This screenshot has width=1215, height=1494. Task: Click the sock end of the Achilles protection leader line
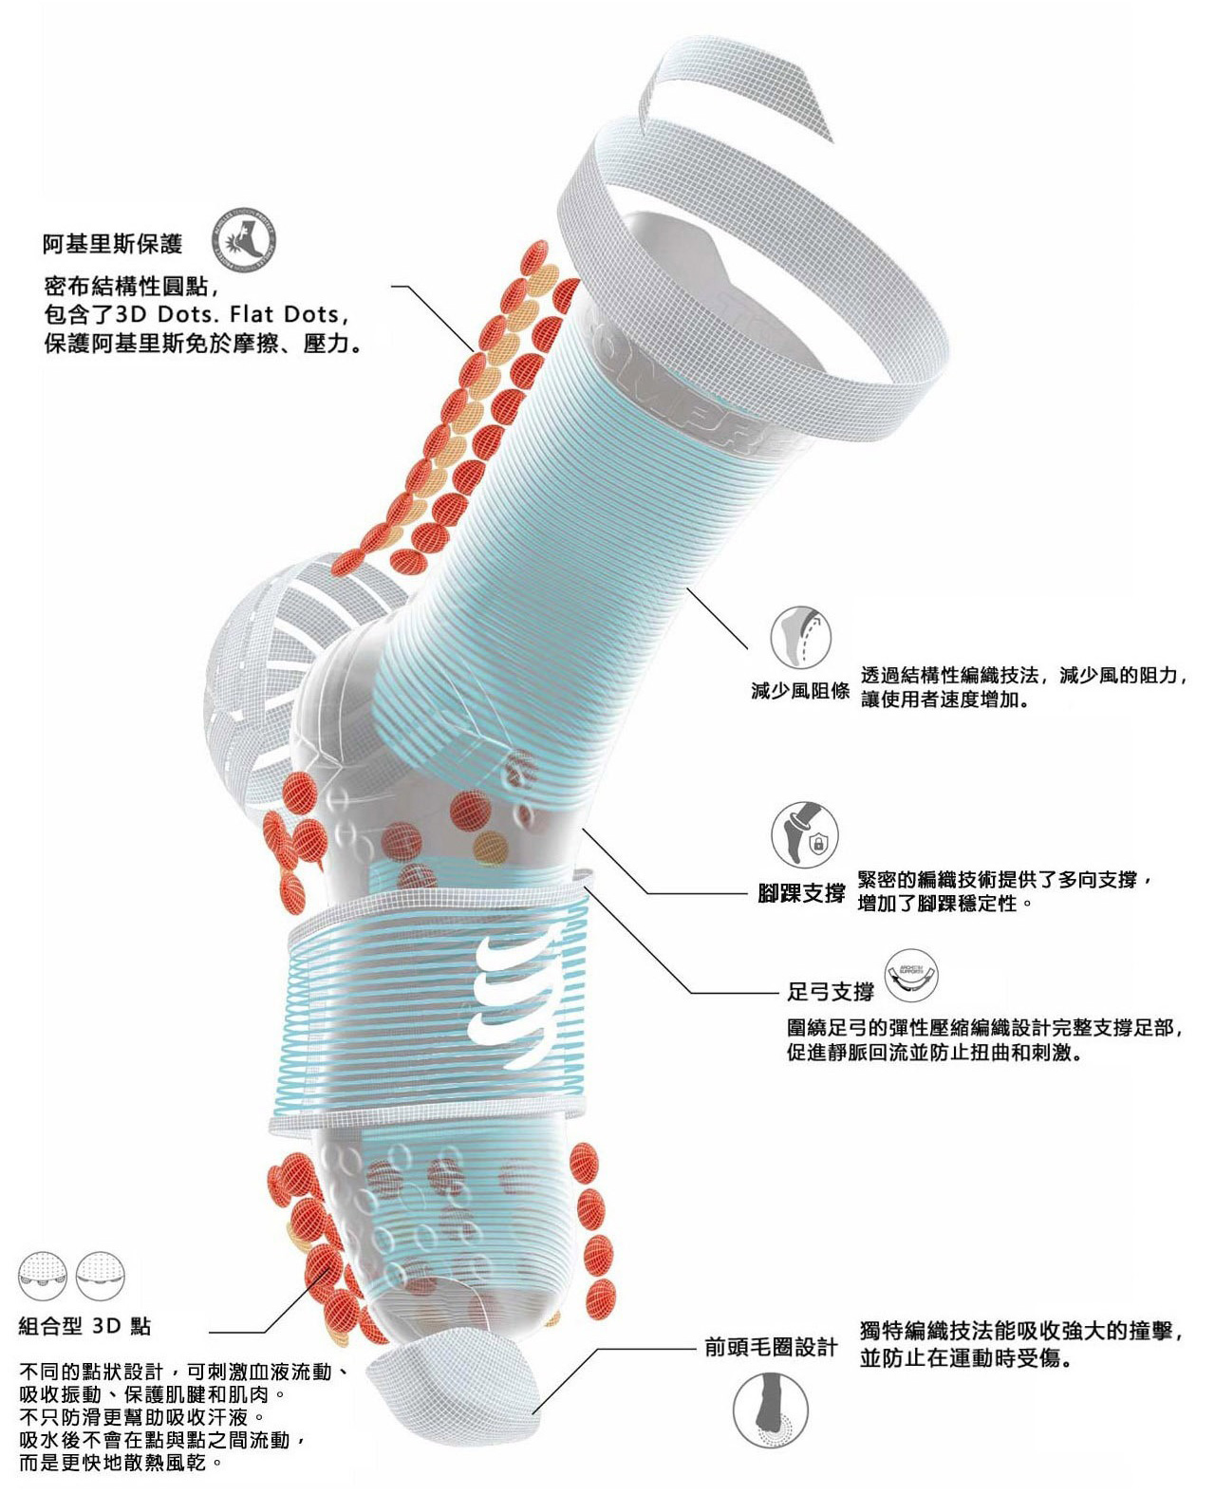tap(475, 351)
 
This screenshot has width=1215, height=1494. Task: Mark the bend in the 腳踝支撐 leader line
tap(647, 893)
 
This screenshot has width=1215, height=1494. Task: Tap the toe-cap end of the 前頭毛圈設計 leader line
tap(533, 1412)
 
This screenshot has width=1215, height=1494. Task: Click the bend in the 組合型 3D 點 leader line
tap(265, 1332)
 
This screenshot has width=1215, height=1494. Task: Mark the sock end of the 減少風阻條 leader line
tap(687, 588)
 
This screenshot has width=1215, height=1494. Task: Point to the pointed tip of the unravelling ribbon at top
tap(833, 141)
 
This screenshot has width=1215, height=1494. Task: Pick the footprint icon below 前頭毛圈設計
tap(771, 1410)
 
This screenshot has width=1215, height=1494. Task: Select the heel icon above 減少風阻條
tap(801, 638)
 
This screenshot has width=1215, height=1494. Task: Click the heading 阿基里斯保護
tap(112, 243)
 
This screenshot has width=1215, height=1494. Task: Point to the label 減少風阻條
tap(800, 692)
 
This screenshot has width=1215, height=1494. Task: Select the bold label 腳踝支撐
tap(802, 893)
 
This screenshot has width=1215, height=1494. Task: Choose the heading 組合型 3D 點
tap(84, 1326)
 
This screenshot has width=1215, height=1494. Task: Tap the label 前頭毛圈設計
tap(772, 1348)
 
